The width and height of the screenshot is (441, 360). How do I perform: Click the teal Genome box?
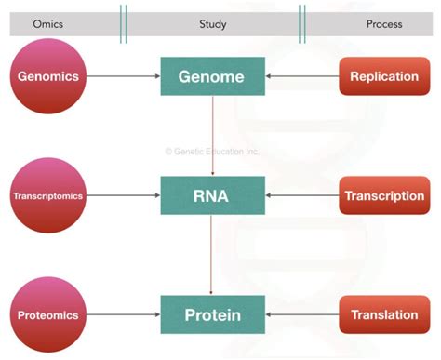(213, 76)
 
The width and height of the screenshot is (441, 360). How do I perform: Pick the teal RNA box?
(213, 196)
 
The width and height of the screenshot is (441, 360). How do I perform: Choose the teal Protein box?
(213, 315)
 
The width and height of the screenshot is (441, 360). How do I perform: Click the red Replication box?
(384, 76)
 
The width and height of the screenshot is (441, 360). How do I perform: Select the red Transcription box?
(384, 196)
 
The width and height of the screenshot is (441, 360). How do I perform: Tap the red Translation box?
(384, 315)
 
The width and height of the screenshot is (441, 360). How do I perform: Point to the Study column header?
(213, 23)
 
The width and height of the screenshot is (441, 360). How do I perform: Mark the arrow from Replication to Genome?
(302, 76)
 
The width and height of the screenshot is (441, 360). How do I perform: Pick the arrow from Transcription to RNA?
(302, 196)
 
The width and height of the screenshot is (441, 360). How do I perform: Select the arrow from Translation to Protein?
(302, 315)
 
